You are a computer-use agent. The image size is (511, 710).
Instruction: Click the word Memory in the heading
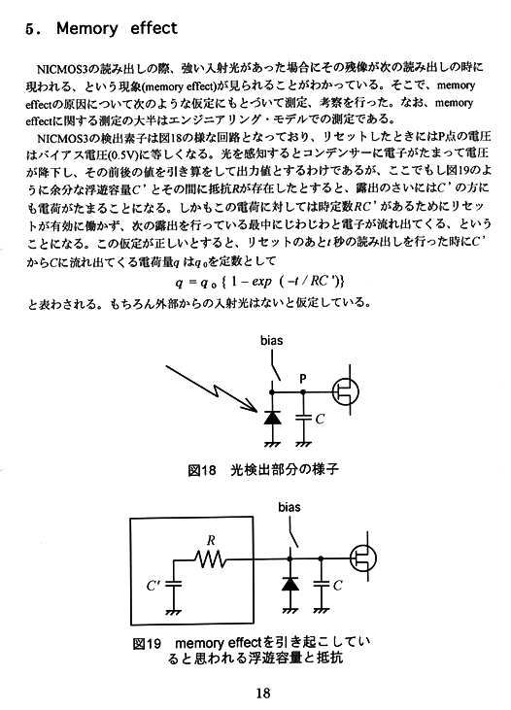(x=86, y=28)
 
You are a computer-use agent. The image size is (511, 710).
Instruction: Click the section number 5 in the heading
(x=29, y=29)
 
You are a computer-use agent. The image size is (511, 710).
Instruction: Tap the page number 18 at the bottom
(x=262, y=693)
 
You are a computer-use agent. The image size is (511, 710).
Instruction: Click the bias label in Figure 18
(x=271, y=341)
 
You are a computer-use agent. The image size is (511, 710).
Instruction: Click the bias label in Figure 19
(x=290, y=507)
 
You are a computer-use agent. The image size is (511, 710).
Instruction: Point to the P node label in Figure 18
(x=303, y=379)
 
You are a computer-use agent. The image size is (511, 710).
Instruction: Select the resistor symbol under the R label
(x=211, y=559)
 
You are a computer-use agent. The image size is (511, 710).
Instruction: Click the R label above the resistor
(x=211, y=540)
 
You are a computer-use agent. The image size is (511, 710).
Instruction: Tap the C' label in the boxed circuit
(x=153, y=586)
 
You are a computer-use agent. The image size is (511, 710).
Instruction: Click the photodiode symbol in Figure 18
(x=272, y=418)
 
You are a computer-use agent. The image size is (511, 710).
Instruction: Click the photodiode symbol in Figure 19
(x=290, y=584)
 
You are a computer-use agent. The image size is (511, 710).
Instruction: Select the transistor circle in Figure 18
(x=346, y=391)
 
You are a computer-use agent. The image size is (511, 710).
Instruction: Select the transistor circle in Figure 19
(x=363, y=558)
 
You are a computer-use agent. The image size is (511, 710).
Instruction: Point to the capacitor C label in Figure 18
(x=320, y=420)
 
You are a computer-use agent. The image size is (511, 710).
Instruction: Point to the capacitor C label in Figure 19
(x=337, y=586)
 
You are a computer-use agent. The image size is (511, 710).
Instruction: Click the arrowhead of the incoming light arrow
(x=252, y=407)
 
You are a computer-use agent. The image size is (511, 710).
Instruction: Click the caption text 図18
(x=202, y=470)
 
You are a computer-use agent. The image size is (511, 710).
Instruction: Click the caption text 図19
(x=148, y=643)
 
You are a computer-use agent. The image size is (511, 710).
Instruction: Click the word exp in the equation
(x=261, y=282)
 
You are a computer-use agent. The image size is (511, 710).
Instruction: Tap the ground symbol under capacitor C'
(x=173, y=611)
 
